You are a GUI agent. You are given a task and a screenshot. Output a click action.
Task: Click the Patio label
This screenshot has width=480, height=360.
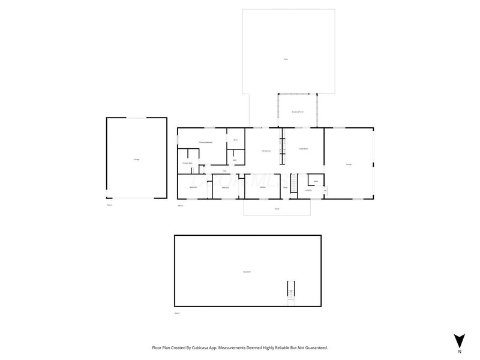(x=286, y=59)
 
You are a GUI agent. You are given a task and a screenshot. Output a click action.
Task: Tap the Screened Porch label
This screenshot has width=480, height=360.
(x=297, y=112)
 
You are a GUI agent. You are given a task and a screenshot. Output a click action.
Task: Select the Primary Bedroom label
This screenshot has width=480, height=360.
(x=206, y=142)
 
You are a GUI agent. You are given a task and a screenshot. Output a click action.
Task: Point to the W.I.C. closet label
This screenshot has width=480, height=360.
(x=236, y=140)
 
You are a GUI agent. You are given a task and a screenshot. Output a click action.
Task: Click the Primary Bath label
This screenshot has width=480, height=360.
(x=187, y=163)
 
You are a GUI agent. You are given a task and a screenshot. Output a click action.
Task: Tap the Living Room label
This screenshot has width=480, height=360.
(x=303, y=148)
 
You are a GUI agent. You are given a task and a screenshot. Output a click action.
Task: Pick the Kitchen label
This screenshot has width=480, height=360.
(x=263, y=188)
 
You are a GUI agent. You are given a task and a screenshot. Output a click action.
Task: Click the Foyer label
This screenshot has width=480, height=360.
(x=286, y=188)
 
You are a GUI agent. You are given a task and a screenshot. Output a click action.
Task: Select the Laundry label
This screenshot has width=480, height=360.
(x=308, y=190)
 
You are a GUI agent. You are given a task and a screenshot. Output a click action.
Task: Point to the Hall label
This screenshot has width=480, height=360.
(x=224, y=170)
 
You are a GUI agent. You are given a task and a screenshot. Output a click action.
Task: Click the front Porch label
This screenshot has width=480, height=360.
(x=277, y=209)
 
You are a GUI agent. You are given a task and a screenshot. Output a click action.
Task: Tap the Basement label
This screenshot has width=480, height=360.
(x=246, y=272)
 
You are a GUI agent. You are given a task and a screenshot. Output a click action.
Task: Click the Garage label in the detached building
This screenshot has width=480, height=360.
(x=137, y=159)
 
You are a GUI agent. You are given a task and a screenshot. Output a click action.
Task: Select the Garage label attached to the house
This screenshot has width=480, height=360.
(x=348, y=164)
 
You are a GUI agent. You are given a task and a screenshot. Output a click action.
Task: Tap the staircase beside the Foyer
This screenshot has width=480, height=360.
(x=294, y=182)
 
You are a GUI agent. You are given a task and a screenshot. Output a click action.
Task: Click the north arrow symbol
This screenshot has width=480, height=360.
(x=460, y=340)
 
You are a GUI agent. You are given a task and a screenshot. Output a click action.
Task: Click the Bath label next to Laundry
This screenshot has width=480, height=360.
(x=316, y=181)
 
